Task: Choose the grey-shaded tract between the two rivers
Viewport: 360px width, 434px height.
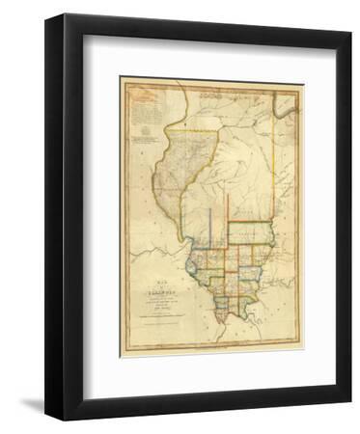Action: point(172,183)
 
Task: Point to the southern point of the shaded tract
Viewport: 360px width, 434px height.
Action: point(182,240)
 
